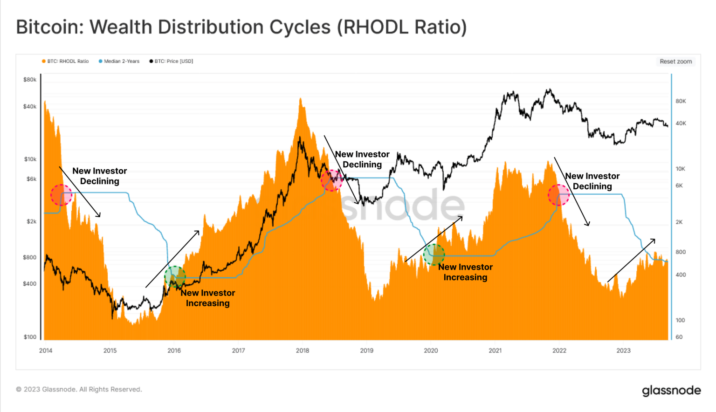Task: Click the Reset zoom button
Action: [675, 62]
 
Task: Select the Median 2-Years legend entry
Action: [119, 61]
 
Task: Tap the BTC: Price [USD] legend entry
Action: [171, 61]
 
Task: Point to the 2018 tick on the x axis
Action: [303, 350]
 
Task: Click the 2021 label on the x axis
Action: [495, 350]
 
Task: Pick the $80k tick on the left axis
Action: [30, 80]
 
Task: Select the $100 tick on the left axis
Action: [30, 337]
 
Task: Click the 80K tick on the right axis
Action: [681, 101]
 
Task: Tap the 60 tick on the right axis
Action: [679, 337]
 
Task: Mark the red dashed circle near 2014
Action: [61, 195]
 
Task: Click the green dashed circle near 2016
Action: [175, 277]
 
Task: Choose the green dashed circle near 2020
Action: [434, 255]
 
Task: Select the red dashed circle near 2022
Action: [558, 195]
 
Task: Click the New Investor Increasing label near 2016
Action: [208, 298]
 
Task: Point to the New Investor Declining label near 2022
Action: [592, 181]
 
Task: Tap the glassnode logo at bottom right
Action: [671, 391]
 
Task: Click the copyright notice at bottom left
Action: [79, 389]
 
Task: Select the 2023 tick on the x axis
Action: [623, 350]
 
